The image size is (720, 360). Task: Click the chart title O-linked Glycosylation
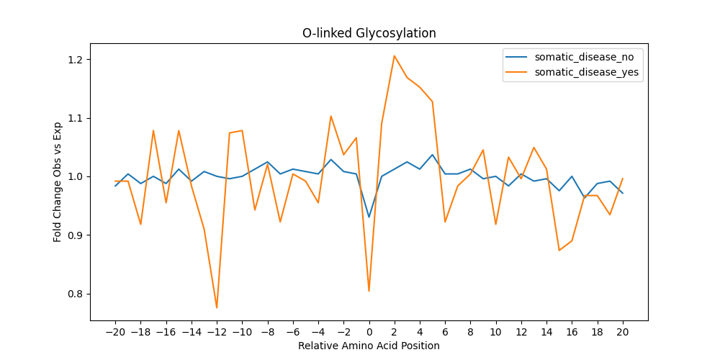[369, 34]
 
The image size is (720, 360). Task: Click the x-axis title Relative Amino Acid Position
[369, 346]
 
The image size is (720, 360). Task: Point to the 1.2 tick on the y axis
[78, 60]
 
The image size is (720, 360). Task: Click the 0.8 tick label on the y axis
[78, 294]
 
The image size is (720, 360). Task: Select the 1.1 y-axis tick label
[78, 119]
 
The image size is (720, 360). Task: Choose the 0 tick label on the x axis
[369, 331]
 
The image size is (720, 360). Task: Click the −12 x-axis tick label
[216, 331]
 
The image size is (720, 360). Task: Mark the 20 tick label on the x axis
[623, 331]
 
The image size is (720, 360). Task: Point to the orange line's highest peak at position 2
[395, 56]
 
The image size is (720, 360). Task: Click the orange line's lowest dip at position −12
[217, 307]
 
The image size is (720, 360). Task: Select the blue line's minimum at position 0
[369, 217]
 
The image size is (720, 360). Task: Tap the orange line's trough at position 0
[369, 291]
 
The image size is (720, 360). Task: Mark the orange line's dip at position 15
[559, 251]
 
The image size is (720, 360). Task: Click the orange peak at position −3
[331, 116]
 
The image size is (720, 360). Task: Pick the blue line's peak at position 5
[433, 155]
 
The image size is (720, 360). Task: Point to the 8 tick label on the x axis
[471, 331]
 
